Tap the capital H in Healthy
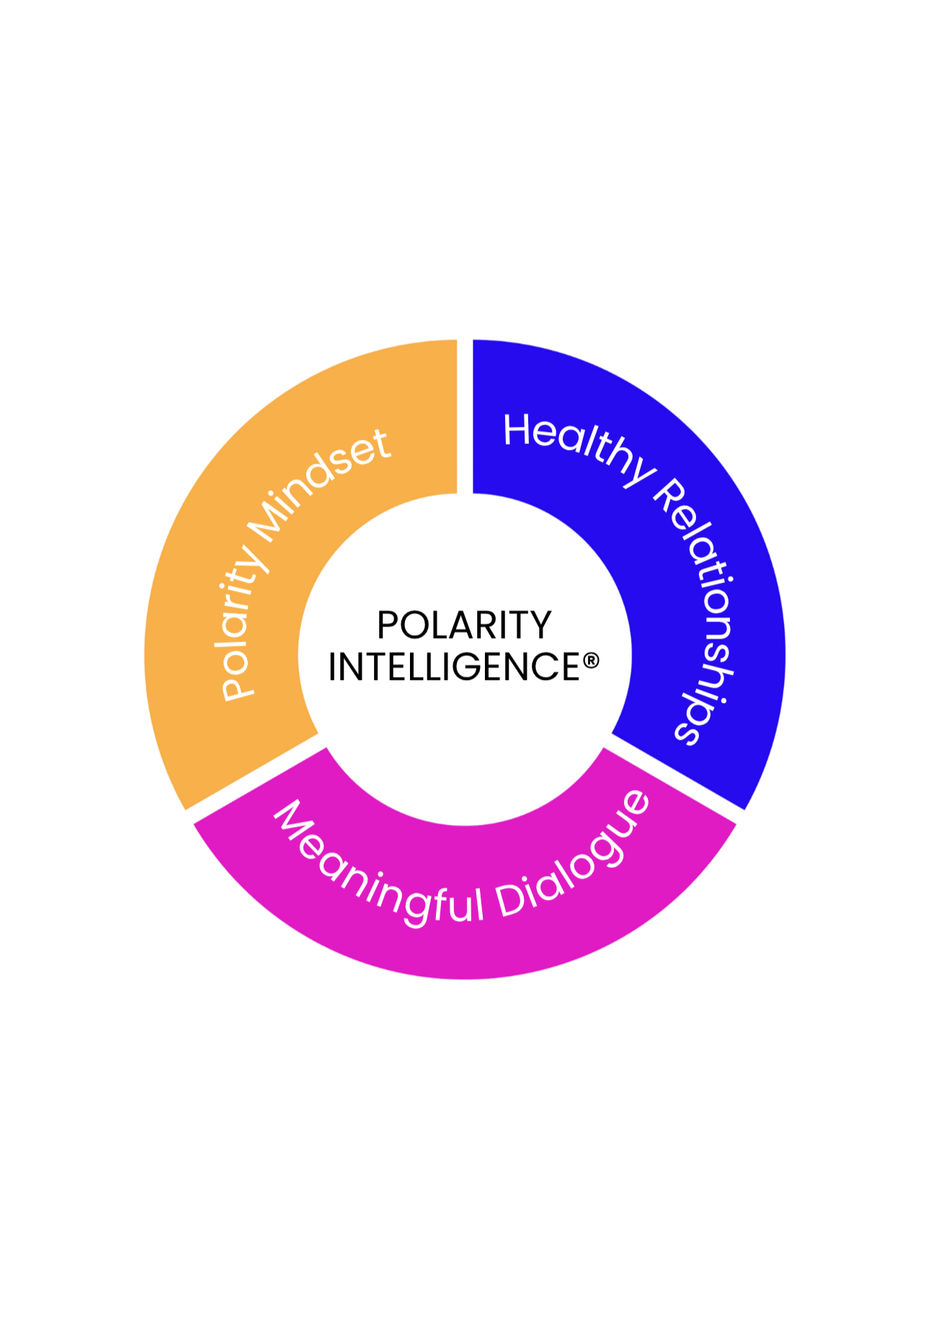[517, 430]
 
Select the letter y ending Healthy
[637, 472]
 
